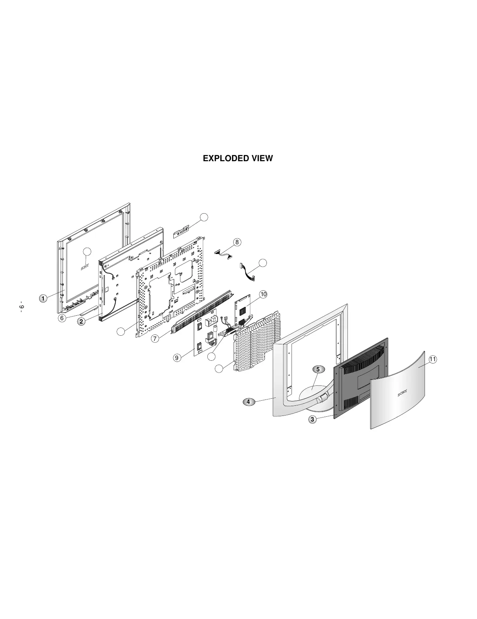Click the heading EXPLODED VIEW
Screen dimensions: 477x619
coord(238,158)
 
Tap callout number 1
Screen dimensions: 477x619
coord(43,299)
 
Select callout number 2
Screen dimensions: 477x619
coord(81,322)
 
